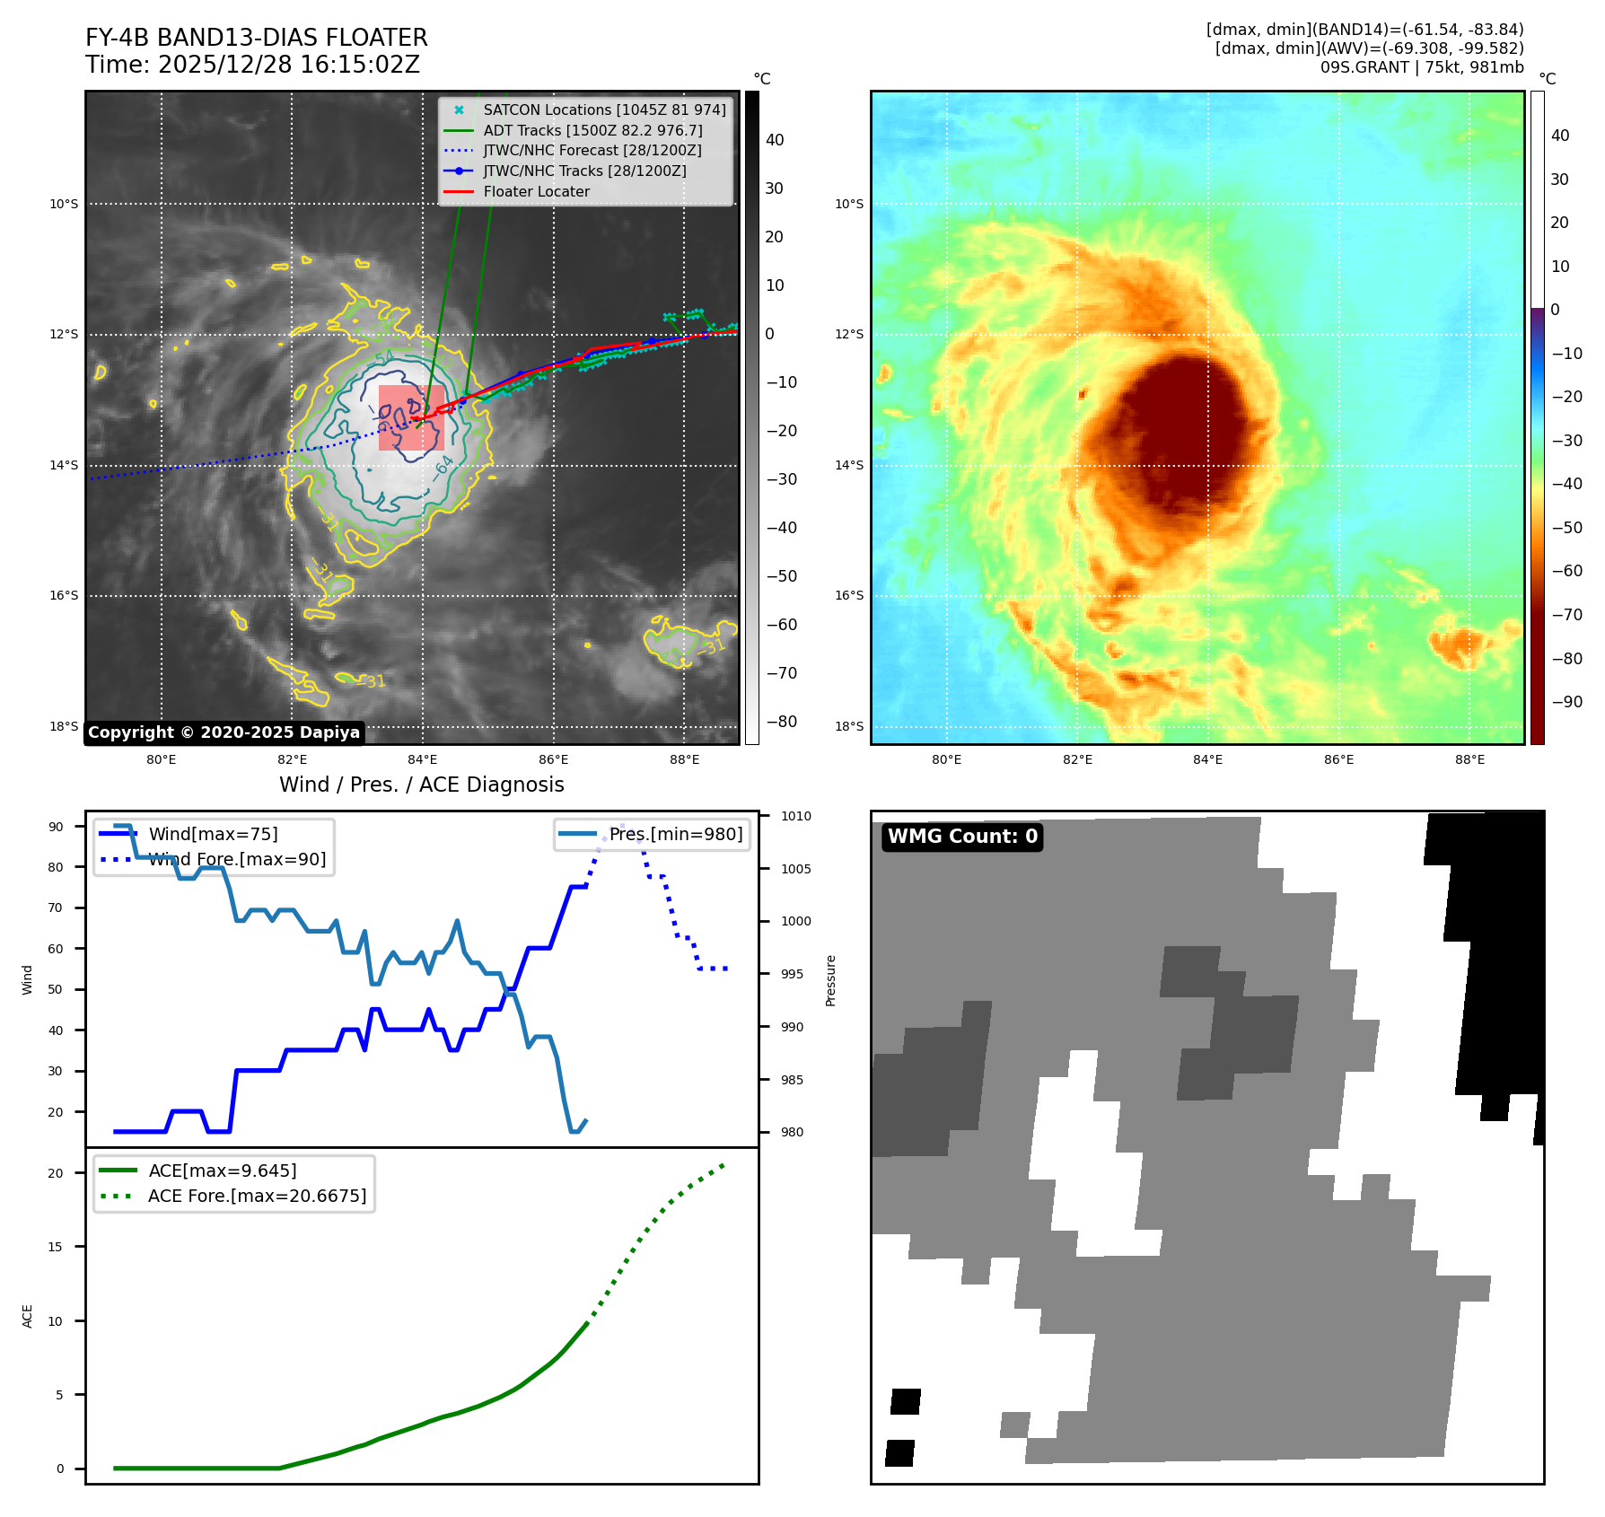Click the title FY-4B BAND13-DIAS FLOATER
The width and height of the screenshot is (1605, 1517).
click(x=256, y=38)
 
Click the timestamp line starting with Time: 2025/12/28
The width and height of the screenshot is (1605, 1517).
click(x=252, y=65)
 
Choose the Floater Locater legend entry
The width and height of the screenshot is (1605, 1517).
click(x=536, y=191)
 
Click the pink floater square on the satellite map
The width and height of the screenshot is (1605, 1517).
click(x=410, y=417)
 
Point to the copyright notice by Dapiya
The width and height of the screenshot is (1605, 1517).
click(x=224, y=732)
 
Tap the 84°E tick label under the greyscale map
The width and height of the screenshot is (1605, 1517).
click(x=422, y=759)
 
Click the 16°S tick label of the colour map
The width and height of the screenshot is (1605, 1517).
click(x=848, y=595)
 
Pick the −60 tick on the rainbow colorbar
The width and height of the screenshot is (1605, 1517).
click(x=1567, y=571)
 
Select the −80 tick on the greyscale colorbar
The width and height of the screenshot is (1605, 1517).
click(x=781, y=722)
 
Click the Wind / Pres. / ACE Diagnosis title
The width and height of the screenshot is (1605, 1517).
click(x=421, y=785)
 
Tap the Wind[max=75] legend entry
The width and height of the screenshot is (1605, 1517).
click(x=213, y=834)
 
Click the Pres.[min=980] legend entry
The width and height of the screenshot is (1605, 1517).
click(x=675, y=834)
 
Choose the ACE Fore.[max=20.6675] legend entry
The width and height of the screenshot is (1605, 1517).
click(x=257, y=1196)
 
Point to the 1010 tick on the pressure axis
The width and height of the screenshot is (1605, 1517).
click(x=795, y=816)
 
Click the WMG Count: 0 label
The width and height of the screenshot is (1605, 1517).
click(x=962, y=837)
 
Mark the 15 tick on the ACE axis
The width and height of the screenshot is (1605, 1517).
click(x=56, y=1247)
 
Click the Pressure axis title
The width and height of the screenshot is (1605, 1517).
click(x=830, y=980)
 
